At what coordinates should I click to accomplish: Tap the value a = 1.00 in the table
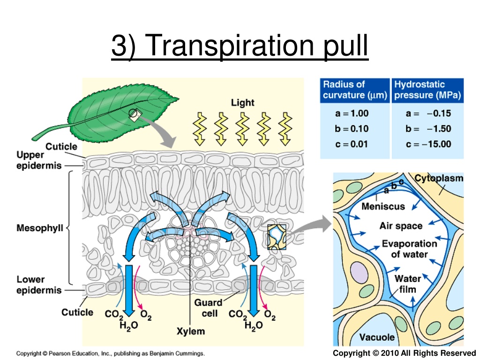352,113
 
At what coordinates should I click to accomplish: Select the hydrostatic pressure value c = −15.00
428,144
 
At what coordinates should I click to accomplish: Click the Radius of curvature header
355,90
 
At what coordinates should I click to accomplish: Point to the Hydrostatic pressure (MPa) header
427,90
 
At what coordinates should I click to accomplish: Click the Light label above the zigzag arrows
242,103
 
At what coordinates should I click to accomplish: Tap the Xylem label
191,331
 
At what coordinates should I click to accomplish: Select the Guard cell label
208,308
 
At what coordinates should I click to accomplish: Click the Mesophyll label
40,228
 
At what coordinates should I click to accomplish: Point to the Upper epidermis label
39,160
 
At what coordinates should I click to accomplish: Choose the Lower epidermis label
39,285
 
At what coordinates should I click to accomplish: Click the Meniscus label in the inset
383,207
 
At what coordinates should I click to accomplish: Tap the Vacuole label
377,337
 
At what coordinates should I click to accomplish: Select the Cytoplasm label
439,178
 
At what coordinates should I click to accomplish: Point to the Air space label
401,226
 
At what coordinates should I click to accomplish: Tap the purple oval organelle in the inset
359,272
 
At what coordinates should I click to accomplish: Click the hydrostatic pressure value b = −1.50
428,129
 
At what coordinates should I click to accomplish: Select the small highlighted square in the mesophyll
277,237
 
